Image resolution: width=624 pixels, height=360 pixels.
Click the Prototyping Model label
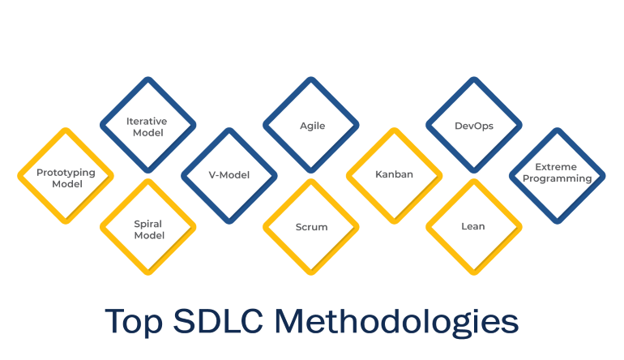coord(66,178)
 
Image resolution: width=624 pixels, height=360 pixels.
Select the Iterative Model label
coord(147,126)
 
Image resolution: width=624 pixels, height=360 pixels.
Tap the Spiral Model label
coord(148,229)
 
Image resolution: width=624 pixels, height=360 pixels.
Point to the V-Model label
coord(229,175)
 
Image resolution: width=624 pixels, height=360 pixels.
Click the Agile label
coord(312,126)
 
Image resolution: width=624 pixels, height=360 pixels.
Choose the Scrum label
coord(312,227)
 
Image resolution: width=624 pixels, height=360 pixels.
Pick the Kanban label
coord(394,174)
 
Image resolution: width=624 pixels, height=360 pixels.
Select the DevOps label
coord(474,126)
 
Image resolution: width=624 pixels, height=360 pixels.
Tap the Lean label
coord(473,226)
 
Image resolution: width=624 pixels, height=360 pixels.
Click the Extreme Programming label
coord(557,173)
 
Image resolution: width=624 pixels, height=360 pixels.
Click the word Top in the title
coord(134,322)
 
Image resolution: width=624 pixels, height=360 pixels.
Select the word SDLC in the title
coord(218,320)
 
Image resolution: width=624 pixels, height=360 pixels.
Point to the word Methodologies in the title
coord(397,322)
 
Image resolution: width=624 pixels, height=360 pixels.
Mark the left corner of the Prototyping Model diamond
coord(18,176)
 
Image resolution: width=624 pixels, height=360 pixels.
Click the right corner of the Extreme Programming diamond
coord(605,176)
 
